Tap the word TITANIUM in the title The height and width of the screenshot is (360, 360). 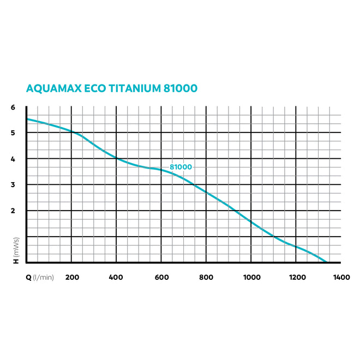tap(136, 88)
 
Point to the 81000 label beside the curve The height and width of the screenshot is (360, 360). tap(181, 167)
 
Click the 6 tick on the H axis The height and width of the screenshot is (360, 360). tap(13, 107)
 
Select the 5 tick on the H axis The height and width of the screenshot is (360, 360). tap(13, 133)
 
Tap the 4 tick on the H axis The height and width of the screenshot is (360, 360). tap(13, 159)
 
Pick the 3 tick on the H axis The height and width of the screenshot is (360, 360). tap(13, 185)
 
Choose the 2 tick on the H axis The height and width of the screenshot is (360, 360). tap(13, 211)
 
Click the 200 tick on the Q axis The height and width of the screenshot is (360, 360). tap(71, 278)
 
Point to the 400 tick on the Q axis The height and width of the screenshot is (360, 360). tap(116, 278)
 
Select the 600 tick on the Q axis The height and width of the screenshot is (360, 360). tap(161, 278)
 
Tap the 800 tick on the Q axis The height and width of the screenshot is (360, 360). tap(206, 278)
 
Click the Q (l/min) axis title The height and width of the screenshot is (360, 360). tap(40, 278)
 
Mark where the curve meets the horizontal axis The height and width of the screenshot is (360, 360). tap(326, 262)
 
